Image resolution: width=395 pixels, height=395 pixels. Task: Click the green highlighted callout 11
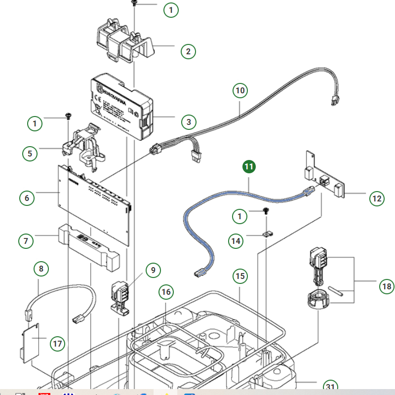click(249, 167)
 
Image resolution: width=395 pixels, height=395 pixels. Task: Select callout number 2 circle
click(188, 51)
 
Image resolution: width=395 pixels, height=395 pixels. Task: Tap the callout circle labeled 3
click(188, 121)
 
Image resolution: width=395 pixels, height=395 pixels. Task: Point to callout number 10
click(240, 91)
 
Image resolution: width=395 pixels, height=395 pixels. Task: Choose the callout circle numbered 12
click(377, 198)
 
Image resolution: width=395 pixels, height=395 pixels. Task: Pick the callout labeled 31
click(329, 387)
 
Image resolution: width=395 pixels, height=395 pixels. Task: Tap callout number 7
click(26, 241)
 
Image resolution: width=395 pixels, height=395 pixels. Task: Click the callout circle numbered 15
click(240, 276)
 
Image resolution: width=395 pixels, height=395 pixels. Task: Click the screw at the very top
click(133, 3)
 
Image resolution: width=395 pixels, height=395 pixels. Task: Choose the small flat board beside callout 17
click(31, 340)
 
